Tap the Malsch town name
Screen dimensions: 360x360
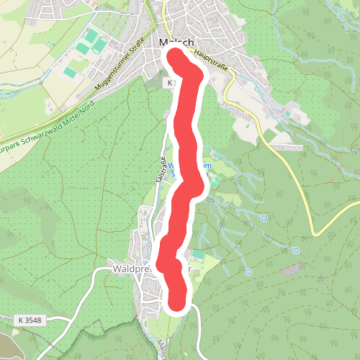(163, 42)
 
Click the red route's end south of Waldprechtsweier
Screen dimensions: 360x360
(179, 303)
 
